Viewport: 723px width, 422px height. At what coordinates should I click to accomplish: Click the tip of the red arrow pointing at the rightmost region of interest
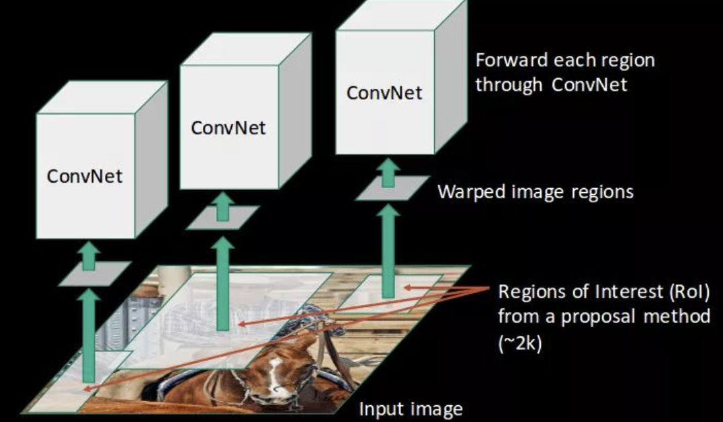coord(404,288)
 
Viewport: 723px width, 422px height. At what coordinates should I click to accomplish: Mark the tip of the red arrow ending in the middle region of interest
coord(237,324)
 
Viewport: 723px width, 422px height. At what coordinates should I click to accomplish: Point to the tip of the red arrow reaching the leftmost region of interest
coord(83,390)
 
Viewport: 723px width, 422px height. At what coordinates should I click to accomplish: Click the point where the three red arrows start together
coord(489,288)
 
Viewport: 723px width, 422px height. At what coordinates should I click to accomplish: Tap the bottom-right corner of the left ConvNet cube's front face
coord(134,239)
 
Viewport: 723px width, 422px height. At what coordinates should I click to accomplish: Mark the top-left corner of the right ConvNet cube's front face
coord(336,30)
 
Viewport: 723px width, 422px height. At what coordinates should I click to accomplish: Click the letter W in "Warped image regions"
coord(446,192)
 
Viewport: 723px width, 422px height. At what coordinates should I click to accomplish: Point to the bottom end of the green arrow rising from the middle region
coord(222,330)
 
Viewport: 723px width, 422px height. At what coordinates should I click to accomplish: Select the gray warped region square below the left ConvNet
coord(95,273)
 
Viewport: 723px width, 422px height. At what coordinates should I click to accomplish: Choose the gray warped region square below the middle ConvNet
coord(222,217)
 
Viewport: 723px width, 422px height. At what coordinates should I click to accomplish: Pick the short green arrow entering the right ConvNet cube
coord(388,172)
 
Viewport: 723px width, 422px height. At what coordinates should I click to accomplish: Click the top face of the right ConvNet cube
coord(402,15)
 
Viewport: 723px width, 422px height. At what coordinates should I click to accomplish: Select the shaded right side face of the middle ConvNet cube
coord(295,111)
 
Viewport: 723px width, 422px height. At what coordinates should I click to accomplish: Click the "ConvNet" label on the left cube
coord(85,176)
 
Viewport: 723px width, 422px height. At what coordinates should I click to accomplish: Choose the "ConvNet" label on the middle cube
coord(228,128)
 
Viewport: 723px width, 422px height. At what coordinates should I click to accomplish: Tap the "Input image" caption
coord(411,409)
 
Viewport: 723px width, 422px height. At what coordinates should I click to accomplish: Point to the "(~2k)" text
coord(520,343)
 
